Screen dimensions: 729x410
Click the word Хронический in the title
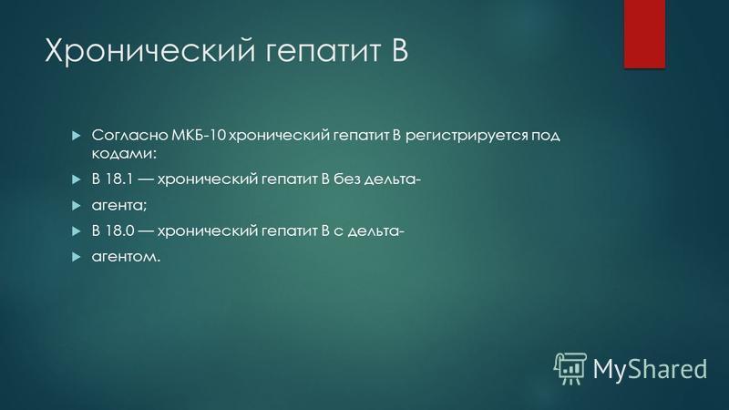pos(150,50)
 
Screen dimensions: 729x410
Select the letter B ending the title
pos(400,49)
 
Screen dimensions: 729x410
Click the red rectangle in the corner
pos(644,34)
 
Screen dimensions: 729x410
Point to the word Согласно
pos(129,135)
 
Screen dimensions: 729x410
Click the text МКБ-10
pos(199,135)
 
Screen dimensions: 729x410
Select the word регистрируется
pos(467,136)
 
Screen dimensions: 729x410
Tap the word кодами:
pos(124,153)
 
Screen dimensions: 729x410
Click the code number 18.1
pos(119,179)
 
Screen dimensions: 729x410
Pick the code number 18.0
pos(119,231)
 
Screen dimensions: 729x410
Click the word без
pos(347,179)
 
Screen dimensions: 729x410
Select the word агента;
pos(119,206)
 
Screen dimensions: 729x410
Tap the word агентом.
pos(126,257)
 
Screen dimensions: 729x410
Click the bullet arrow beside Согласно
pos(77,136)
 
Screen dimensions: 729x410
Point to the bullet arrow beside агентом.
pos(77,257)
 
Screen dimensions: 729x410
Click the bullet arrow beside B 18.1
pos(77,179)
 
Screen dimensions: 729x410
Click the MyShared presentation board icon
pos(570,369)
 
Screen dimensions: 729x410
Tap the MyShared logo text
pos(650,370)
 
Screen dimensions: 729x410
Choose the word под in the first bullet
pos(546,136)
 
